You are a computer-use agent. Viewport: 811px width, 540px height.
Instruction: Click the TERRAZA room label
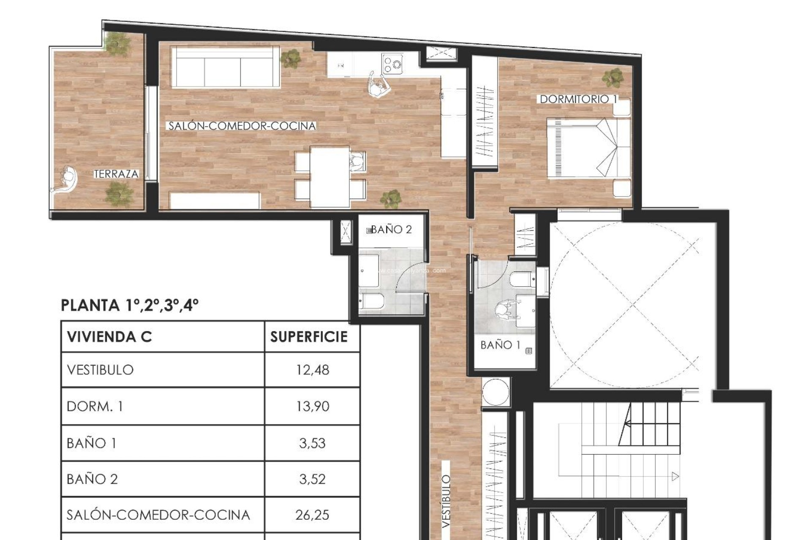click(x=116, y=174)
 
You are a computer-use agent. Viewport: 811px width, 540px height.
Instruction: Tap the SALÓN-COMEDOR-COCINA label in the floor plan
click(x=242, y=126)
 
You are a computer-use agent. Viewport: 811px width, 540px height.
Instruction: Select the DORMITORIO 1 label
click(x=578, y=99)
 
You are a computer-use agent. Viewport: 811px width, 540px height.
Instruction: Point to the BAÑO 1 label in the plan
click(x=500, y=345)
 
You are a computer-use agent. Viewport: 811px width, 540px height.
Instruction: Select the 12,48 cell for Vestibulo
click(x=312, y=370)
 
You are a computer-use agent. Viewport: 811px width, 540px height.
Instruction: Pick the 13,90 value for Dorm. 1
click(x=312, y=406)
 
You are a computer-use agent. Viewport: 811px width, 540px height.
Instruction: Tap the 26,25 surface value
click(x=312, y=515)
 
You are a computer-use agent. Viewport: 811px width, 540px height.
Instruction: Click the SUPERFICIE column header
click(x=309, y=337)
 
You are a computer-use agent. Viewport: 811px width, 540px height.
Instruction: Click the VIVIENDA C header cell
click(x=109, y=337)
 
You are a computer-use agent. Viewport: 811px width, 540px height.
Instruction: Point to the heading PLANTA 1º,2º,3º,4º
click(x=130, y=305)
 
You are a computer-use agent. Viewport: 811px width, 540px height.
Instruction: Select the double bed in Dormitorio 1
click(x=588, y=148)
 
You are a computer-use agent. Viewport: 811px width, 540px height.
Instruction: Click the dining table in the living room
click(x=329, y=176)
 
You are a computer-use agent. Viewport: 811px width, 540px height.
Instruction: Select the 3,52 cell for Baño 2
click(x=312, y=479)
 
